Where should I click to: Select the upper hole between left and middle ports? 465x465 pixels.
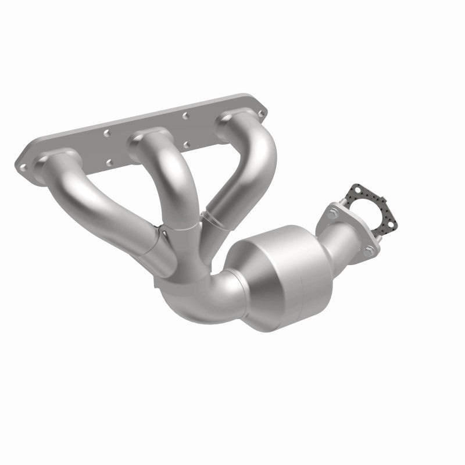tap(107, 133)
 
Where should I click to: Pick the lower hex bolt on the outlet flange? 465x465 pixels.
tap(370, 251)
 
